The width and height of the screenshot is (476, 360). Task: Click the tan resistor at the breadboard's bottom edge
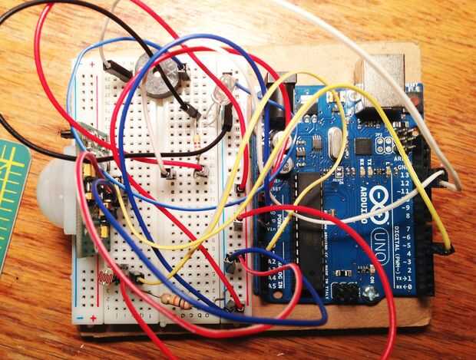point(174,302)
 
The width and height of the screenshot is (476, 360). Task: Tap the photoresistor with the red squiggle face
point(107,274)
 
